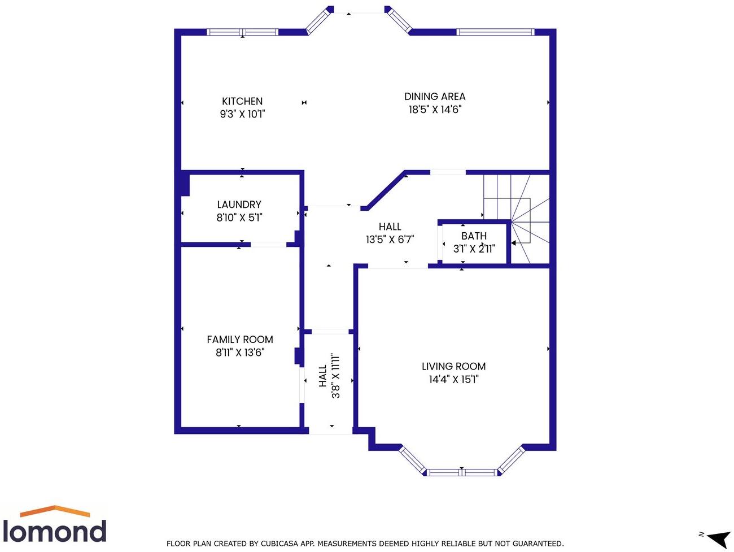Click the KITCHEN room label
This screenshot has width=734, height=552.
(242, 101)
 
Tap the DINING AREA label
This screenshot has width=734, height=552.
(435, 97)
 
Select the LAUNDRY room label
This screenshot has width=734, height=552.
(239, 205)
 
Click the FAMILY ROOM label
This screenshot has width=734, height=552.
(240, 340)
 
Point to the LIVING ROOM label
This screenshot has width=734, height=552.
(453, 366)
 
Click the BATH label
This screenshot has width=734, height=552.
(474, 236)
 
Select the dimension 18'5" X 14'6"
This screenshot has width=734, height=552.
(435, 110)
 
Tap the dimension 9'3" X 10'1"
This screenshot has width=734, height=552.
(242, 114)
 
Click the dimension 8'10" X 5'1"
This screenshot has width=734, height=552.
(239, 218)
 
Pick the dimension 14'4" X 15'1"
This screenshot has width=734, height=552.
(453, 379)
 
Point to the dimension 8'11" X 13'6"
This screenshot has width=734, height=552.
(240, 353)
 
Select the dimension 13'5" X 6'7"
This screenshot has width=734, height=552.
(390, 240)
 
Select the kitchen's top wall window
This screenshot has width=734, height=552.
(243, 32)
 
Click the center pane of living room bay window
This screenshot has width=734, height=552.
(462, 472)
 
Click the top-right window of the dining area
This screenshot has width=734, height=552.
(495, 32)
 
